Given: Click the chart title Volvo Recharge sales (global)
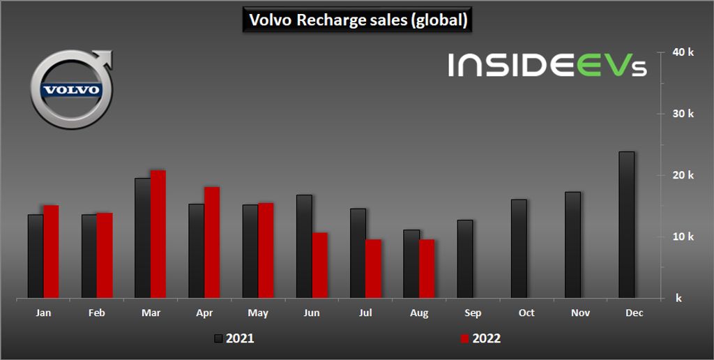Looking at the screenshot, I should tap(358, 20).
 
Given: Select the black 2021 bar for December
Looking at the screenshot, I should tap(626, 225).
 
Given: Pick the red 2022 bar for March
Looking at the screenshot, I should tap(158, 234).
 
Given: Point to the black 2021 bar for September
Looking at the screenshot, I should tap(465, 259).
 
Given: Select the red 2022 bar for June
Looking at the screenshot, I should tap(319, 265).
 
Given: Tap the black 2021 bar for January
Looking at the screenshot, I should tap(36, 256).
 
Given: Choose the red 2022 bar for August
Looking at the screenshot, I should tap(426, 269).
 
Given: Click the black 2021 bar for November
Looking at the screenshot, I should tap(572, 245).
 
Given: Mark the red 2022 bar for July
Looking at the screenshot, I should tap(373, 269).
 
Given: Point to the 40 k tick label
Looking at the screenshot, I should tap(683, 52).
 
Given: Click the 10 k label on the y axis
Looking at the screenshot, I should tap(683, 237).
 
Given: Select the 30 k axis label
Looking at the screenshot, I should tap(683, 114).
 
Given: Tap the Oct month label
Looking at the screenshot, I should tap(526, 313).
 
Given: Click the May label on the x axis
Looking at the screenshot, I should tap(258, 313).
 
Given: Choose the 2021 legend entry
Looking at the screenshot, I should tap(234, 339).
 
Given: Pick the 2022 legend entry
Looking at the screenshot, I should tap(481, 339).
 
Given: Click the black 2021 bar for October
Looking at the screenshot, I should tap(519, 249).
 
